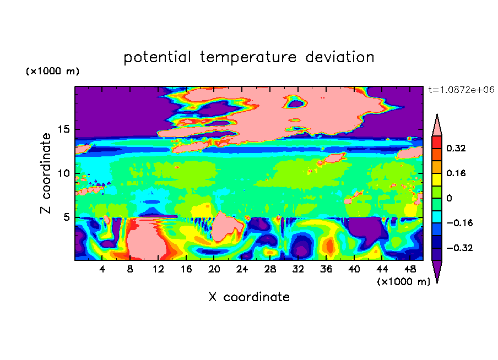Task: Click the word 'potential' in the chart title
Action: pyautogui.click(x=157, y=57)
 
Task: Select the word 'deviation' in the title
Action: pyautogui.click(x=339, y=57)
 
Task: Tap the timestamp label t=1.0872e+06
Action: pyautogui.click(x=461, y=90)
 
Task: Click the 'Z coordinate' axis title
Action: pyautogui.click(x=46, y=173)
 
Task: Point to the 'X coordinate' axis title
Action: pyautogui.click(x=249, y=297)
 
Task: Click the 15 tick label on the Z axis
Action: pyautogui.click(x=63, y=129)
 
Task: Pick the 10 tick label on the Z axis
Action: pyautogui.click(x=63, y=173)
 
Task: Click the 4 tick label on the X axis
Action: pyautogui.click(x=102, y=269)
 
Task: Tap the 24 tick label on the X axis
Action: pyautogui.click(x=242, y=269)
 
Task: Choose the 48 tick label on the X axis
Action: pyautogui.click(x=410, y=269)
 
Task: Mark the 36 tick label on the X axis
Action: pyautogui.click(x=326, y=269)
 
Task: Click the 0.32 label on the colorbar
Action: pyautogui.click(x=456, y=148)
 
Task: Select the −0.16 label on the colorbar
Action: pyautogui.click(x=459, y=223)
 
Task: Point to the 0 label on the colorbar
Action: pyautogui.click(x=449, y=198)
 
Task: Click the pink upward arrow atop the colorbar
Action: pyautogui.click(x=437, y=126)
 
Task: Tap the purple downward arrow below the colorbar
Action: pyautogui.click(x=437, y=270)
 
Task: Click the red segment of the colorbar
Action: pyautogui.click(x=437, y=142)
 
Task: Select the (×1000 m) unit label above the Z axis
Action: pyautogui.click(x=52, y=71)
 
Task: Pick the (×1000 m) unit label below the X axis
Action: pyautogui.click(x=403, y=282)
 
